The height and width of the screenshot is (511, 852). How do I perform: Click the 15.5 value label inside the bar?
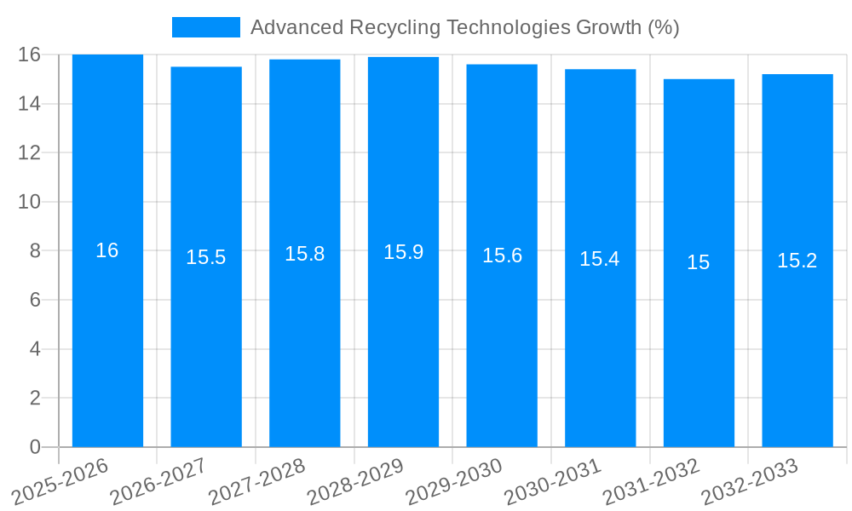[206, 257]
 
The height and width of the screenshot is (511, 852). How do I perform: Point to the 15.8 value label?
[304, 254]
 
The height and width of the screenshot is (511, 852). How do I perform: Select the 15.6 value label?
[502, 255]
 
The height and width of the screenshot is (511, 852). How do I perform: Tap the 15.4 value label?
[600, 259]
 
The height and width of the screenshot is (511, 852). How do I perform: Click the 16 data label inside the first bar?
[107, 250]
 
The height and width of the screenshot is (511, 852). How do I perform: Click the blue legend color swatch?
[206, 27]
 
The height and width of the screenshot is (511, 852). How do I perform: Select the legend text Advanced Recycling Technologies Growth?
[464, 27]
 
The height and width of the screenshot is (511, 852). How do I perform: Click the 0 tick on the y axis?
[35, 447]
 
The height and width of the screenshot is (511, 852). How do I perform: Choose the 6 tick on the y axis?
[35, 300]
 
